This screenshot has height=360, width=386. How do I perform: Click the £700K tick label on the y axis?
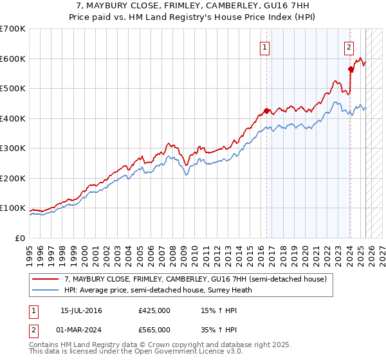click(12, 29)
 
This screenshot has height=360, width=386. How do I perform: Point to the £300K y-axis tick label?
click(12, 148)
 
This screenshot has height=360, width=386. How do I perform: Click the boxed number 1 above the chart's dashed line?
click(265, 46)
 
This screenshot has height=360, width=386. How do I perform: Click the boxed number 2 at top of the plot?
click(349, 46)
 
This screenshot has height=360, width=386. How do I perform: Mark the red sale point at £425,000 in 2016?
click(266, 111)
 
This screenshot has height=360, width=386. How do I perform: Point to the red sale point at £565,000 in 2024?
click(351, 69)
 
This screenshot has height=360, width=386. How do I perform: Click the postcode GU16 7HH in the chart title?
click(289, 6)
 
